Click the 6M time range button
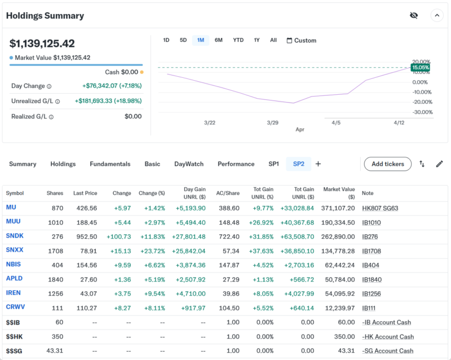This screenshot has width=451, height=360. pos(219,40)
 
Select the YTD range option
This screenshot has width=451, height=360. pos(238,40)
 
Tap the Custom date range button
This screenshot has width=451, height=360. pos(302,41)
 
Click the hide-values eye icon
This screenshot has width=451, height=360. pos(414,16)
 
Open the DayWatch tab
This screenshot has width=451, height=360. pos(189,164)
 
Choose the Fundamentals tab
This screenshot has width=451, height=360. pos(110,164)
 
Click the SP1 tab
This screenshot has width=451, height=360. pos(273,164)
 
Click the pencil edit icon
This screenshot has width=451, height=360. pos(440,164)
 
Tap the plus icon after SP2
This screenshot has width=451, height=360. pos(318,164)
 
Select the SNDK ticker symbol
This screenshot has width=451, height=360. pos(15,236)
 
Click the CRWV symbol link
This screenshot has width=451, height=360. pos(15,308)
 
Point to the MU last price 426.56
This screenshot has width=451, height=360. pos(85,208)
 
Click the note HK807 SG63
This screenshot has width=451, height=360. pos(380,208)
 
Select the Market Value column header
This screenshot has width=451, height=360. pos(339,193)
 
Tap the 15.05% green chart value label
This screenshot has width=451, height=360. pos(420,67)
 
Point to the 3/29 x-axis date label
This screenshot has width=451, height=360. pos(273,122)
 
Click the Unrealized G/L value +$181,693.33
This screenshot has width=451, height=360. pos(108,101)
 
